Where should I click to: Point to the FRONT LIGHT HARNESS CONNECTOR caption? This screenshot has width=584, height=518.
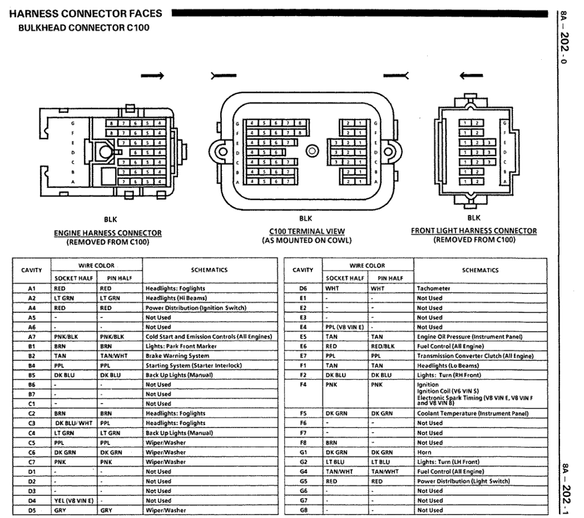pyautogui.click(x=473, y=231)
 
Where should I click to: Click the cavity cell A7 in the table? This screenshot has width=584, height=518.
pyautogui.click(x=32, y=337)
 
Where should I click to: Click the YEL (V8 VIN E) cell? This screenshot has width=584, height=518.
pyautogui.click(x=73, y=501)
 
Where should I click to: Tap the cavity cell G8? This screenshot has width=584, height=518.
pyautogui.click(x=303, y=510)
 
